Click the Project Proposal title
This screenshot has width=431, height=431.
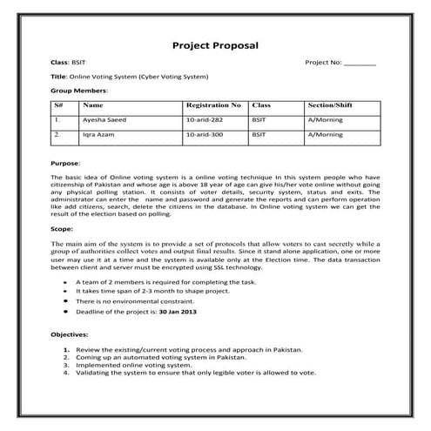[215, 44]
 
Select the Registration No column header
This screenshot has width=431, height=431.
[212, 104]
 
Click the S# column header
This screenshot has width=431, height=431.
[57, 104]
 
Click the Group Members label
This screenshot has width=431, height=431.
[79, 90]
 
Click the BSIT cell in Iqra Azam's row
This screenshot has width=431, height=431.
[259, 136]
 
